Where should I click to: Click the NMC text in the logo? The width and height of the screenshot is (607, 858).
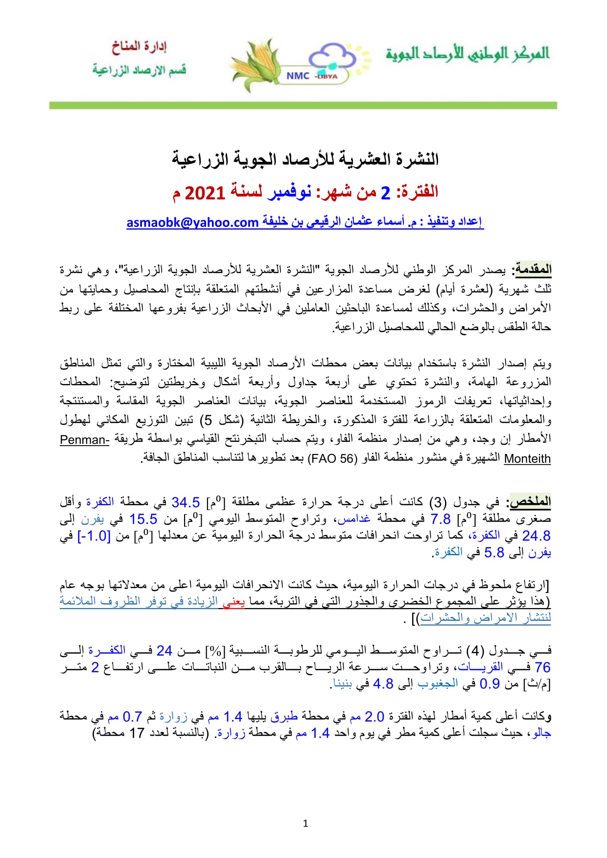tap(298, 76)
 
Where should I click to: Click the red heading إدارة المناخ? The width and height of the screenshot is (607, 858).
tap(139, 47)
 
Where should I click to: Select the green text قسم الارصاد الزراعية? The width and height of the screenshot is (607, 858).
tap(139, 70)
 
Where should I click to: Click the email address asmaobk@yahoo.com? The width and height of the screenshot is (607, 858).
tap(192, 223)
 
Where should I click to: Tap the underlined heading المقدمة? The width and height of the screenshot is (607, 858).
tap(532, 270)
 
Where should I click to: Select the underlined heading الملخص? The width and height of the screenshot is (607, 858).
tap(531, 502)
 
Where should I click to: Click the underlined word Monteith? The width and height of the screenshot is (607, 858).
tap(527, 459)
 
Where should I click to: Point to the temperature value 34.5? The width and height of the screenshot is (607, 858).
tap(186, 502)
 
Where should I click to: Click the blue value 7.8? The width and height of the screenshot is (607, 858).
tap(441, 519)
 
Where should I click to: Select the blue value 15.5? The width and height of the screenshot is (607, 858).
tap(143, 519)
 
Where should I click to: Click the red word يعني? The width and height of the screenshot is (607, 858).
tap(233, 601)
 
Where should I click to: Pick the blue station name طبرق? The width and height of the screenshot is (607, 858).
tap(284, 717)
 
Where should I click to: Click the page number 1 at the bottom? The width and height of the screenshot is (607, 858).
tap(305, 824)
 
